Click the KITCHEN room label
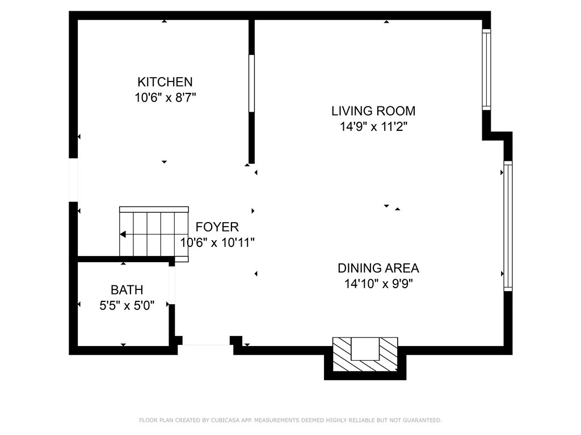(165, 82)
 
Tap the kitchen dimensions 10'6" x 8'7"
(165, 97)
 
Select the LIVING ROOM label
(373, 111)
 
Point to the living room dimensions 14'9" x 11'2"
(373, 127)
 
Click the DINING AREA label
(378, 268)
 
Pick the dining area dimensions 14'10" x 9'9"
(378, 284)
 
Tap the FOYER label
(217, 227)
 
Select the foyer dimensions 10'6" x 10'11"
(217, 242)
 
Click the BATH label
(127, 290)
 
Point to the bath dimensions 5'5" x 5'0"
(127, 306)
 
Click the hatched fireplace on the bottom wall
(365, 355)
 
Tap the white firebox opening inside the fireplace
(365, 349)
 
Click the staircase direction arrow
(123, 234)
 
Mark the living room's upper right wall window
(486, 70)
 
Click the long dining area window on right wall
(508, 226)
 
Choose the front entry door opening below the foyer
(206, 345)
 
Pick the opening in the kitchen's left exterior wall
(73, 180)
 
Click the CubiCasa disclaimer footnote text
(290, 420)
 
